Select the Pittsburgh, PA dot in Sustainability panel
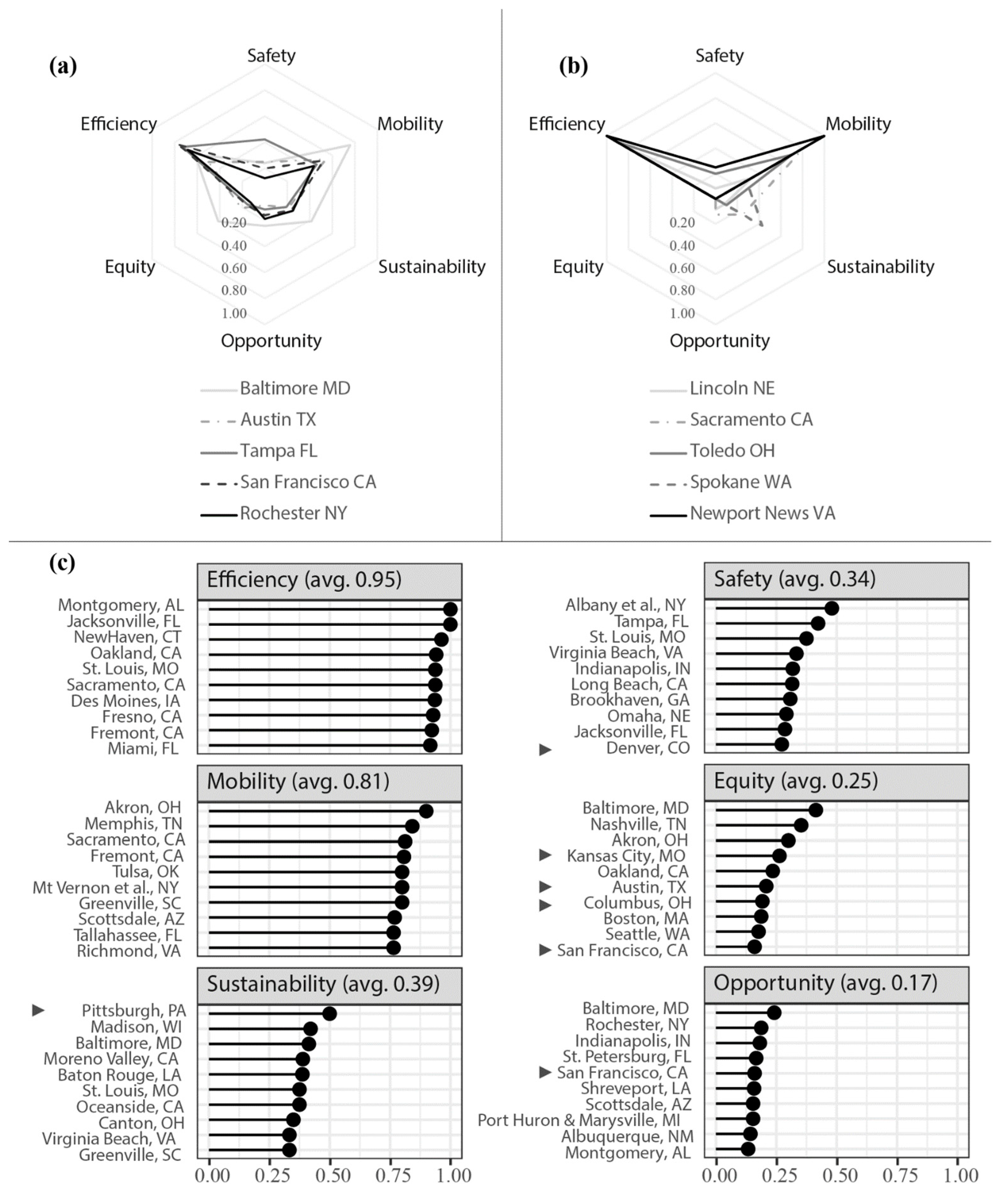[329, 1013]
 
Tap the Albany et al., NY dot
[831, 608]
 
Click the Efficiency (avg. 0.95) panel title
[304, 579]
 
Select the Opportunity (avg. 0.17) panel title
[825, 983]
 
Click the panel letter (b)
[573, 66]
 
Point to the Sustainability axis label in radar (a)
[432, 266]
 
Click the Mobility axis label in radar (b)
[858, 124]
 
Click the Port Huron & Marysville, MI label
[578, 1120]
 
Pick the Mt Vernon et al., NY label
[106, 887]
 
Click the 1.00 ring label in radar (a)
[234, 313]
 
